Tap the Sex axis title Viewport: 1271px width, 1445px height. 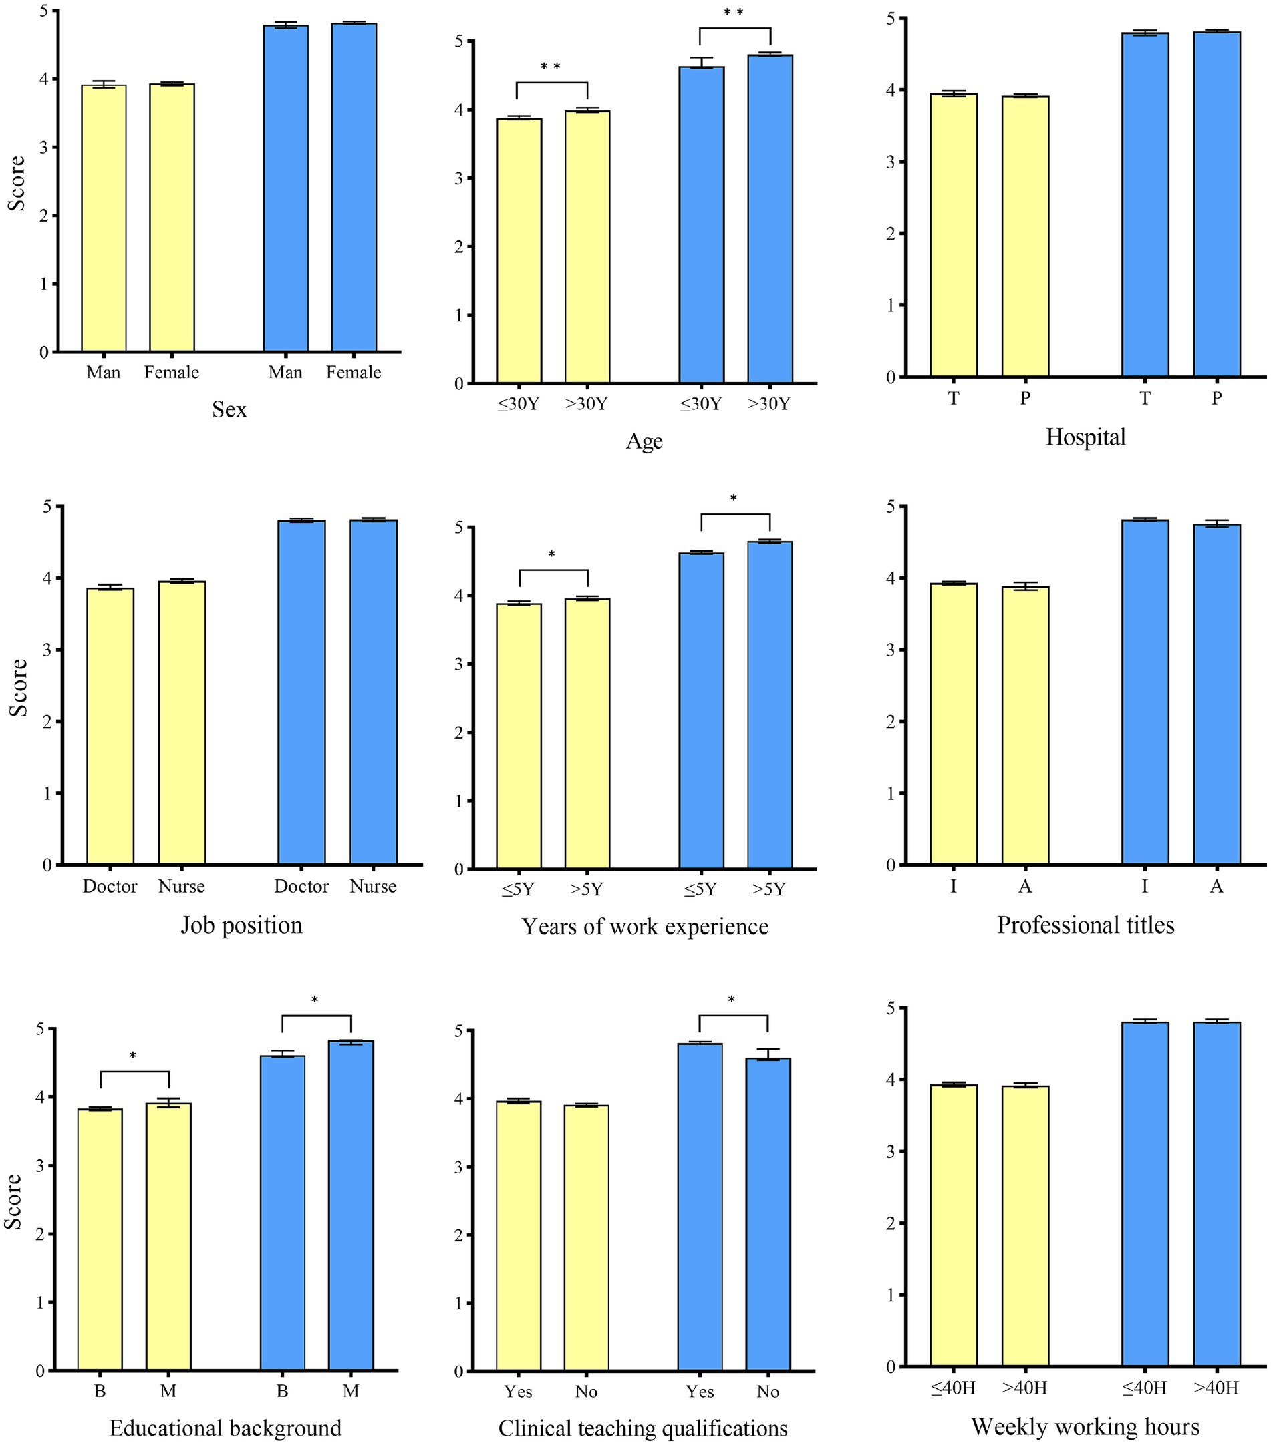point(229,409)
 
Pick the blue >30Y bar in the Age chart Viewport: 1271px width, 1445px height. point(770,219)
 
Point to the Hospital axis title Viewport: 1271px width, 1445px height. point(1085,437)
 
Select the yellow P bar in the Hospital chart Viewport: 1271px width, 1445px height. point(1025,236)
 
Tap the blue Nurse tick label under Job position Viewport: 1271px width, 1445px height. point(373,887)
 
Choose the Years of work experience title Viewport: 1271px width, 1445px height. point(644,926)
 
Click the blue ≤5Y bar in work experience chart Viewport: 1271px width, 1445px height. point(701,710)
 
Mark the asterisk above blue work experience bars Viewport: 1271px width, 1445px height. point(734,498)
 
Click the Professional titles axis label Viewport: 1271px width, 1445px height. point(1085,925)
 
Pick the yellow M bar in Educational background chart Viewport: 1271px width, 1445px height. point(168,1237)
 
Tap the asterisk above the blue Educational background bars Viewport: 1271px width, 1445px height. point(315,1000)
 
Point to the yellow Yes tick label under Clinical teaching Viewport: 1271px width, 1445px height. point(518,1392)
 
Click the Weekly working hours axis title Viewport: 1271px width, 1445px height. point(1085,1426)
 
